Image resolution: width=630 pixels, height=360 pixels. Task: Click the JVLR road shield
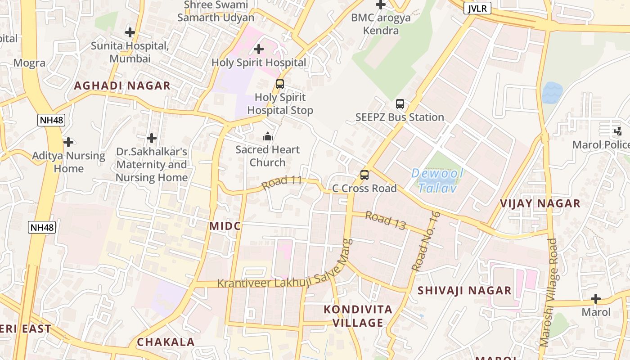(477, 8)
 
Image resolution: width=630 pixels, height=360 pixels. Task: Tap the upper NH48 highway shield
(51, 120)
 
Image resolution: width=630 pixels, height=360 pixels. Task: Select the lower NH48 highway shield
(42, 227)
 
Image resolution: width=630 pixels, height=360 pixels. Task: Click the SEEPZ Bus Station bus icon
(400, 104)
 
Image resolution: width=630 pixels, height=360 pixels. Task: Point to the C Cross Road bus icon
(364, 175)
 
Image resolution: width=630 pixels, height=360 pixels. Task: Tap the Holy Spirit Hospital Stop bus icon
(280, 84)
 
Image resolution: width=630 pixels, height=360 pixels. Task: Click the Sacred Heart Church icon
(268, 136)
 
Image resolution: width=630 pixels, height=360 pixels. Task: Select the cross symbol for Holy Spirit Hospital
(259, 49)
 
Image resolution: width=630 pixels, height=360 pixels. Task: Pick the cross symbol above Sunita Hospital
(130, 32)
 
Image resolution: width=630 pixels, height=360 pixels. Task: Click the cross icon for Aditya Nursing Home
(68, 142)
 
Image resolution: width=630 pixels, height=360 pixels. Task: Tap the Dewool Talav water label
(437, 180)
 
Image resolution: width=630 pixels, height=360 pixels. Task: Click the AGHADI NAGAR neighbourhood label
(122, 85)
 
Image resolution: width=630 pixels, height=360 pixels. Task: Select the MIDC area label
(225, 226)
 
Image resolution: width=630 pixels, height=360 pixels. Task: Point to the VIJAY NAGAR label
(540, 203)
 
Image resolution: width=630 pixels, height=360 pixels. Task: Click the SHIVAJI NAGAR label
(464, 290)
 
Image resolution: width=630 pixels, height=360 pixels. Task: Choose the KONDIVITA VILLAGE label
(358, 316)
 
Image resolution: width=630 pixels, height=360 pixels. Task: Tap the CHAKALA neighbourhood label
(166, 342)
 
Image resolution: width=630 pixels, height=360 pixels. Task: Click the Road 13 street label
(386, 220)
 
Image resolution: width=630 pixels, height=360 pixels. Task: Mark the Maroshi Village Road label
(548, 292)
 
